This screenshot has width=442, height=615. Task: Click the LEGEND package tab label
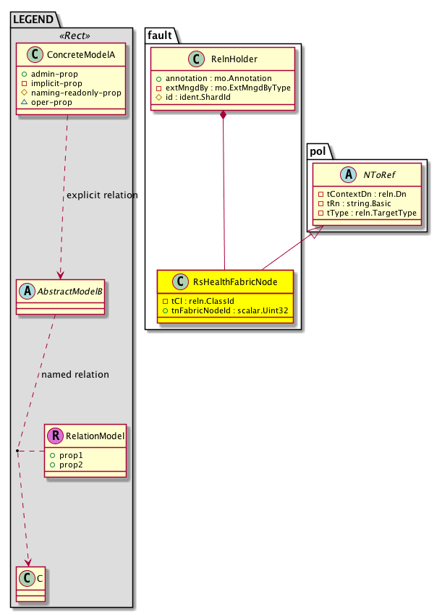click(x=33, y=17)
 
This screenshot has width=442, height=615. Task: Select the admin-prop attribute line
click(x=69, y=75)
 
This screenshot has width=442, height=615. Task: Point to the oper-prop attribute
click(x=67, y=103)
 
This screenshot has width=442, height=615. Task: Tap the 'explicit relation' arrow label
click(x=101, y=195)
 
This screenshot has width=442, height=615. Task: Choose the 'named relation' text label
click(x=75, y=375)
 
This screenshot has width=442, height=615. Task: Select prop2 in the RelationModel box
click(x=72, y=464)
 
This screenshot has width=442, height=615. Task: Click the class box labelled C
click(x=30, y=580)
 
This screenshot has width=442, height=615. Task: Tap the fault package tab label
click(x=160, y=34)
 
